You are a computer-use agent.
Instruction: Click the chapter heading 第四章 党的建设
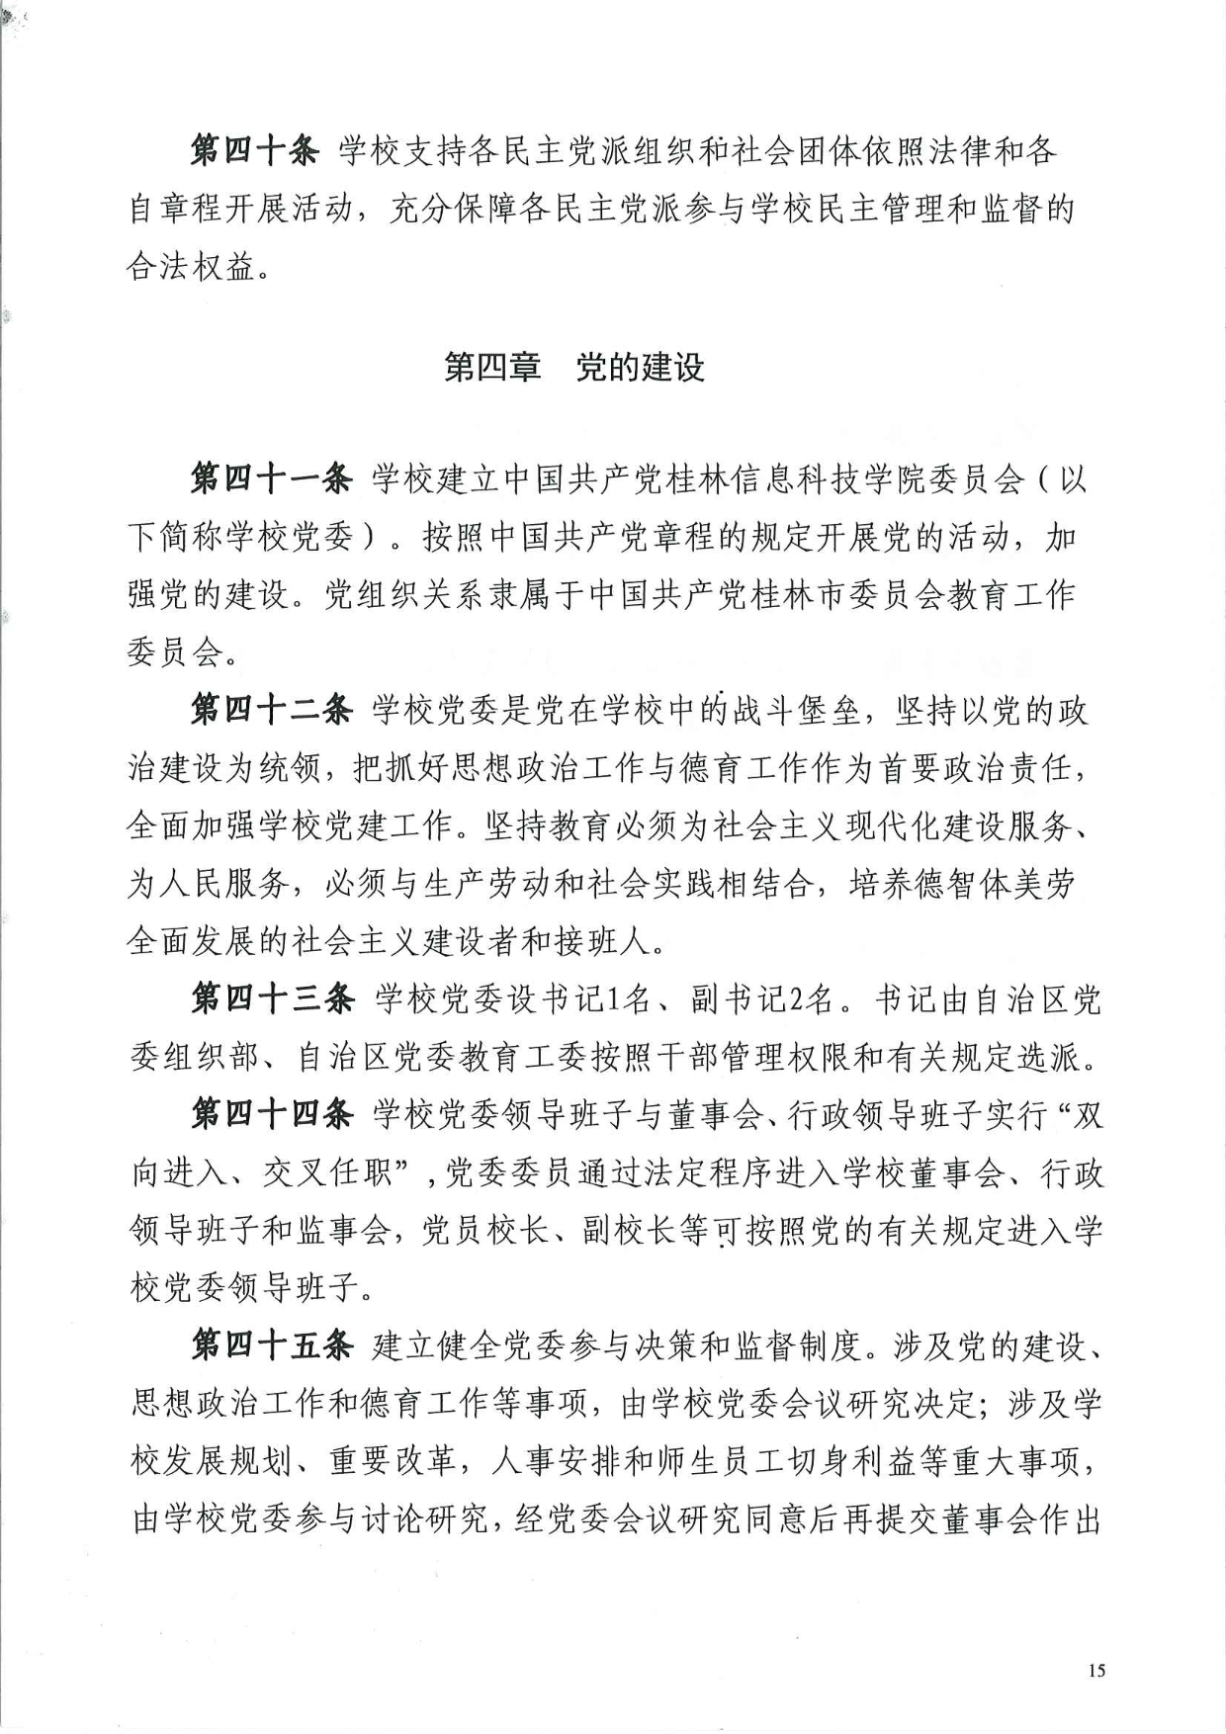[x=574, y=367]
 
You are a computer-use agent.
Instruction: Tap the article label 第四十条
[x=254, y=151]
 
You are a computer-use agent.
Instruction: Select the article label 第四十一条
[x=271, y=480]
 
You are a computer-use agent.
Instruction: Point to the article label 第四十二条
[x=271, y=711]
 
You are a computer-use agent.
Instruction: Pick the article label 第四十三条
[x=272, y=999]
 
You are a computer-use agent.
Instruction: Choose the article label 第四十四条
[x=272, y=1115]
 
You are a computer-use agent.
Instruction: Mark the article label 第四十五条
[x=272, y=1345]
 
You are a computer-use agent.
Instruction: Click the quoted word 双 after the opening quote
[x=1089, y=1115]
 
